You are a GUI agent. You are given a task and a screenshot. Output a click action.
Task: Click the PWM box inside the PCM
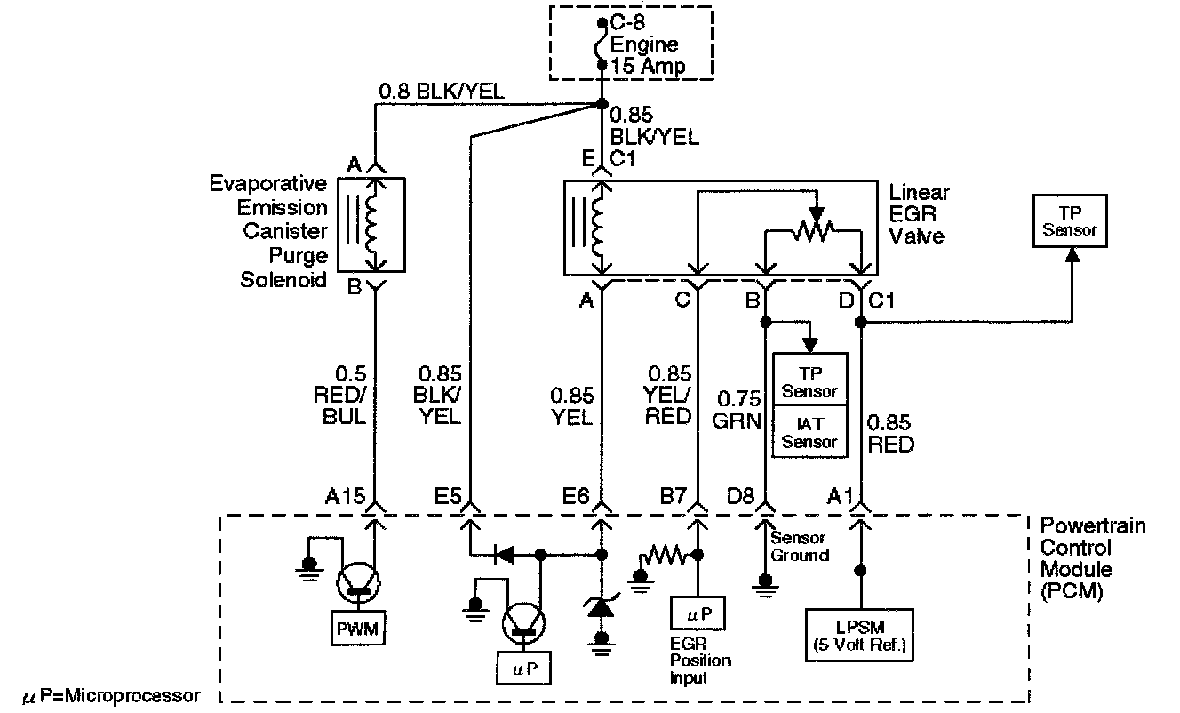358,628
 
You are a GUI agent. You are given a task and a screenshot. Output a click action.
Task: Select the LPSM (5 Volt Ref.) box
860,635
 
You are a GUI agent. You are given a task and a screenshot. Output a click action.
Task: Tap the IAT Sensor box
810,431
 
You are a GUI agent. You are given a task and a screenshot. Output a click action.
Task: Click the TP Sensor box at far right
1070,220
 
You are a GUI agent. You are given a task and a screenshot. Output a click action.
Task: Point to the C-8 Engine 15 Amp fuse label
648,44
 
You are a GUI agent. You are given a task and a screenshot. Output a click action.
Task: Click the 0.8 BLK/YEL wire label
442,92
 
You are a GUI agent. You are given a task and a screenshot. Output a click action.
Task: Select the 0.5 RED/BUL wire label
339,396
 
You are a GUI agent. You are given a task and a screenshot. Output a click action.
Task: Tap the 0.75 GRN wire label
737,410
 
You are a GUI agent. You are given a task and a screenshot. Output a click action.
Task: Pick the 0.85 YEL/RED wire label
667,396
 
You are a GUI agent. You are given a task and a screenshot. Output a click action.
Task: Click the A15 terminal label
345,496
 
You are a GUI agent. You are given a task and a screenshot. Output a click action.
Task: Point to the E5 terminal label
448,496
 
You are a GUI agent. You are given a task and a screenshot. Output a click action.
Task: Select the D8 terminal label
741,496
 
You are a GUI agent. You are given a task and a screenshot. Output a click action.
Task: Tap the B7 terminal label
674,496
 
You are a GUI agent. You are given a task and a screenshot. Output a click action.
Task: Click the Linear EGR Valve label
920,214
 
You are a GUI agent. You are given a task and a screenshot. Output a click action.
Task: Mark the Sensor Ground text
800,547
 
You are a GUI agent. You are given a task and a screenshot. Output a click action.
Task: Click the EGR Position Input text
700,661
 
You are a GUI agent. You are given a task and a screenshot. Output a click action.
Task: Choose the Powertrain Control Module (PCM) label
1093,558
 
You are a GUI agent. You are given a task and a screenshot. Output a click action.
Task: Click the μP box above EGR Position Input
698,613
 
